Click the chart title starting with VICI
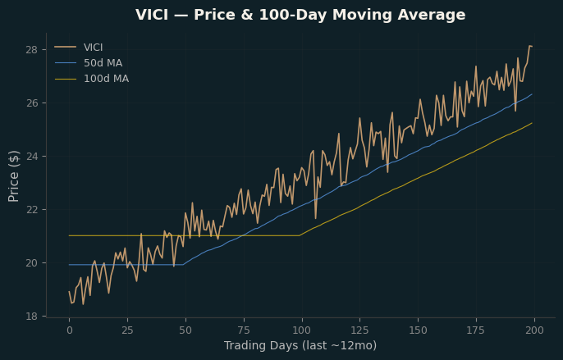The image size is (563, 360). pos(300,15)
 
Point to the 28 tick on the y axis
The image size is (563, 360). pos(31,49)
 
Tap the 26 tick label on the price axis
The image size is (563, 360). pos(31,103)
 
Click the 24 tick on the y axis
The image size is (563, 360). pos(31,156)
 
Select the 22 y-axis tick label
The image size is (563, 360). pos(31,210)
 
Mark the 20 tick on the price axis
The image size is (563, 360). pos(31,262)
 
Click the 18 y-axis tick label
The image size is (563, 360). pos(31,317)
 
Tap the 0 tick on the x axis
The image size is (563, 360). pos(69,330)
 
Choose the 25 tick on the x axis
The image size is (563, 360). pos(127,330)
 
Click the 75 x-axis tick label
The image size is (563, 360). pos(244,330)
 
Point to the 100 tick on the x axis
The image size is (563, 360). pos(302,330)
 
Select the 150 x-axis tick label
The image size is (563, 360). pos(419,330)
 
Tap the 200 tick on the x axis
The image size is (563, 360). pos(534,330)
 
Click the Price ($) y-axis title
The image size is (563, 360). pos(13,176)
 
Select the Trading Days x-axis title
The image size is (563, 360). pos(300,345)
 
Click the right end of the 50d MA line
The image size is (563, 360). pos(532,94)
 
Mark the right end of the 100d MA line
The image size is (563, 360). pos(532,123)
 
